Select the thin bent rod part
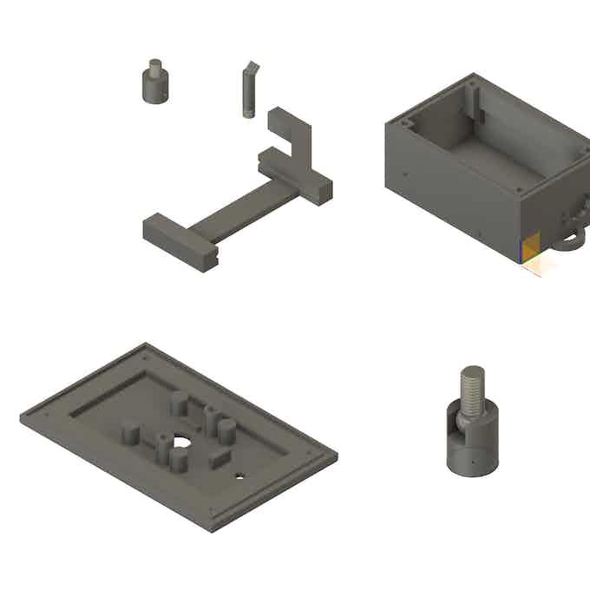tap(247, 94)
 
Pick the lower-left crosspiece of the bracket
tap(179, 242)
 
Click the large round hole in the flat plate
tap(180, 442)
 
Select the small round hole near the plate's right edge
tap(240, 475)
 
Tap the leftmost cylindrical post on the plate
tap(130, 432)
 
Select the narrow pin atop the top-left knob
tap(155, 65)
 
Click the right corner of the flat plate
tap(334, 453)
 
